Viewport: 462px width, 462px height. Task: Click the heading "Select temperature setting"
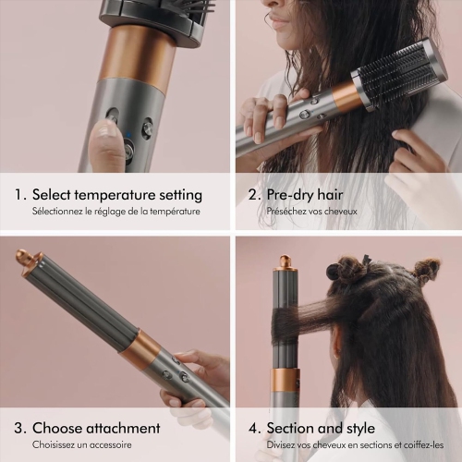116,195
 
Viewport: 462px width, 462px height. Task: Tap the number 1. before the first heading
19,195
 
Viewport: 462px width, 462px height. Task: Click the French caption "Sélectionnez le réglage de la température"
115,213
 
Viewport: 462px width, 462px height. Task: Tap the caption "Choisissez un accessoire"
81,445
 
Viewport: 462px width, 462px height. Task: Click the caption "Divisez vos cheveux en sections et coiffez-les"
354,445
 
